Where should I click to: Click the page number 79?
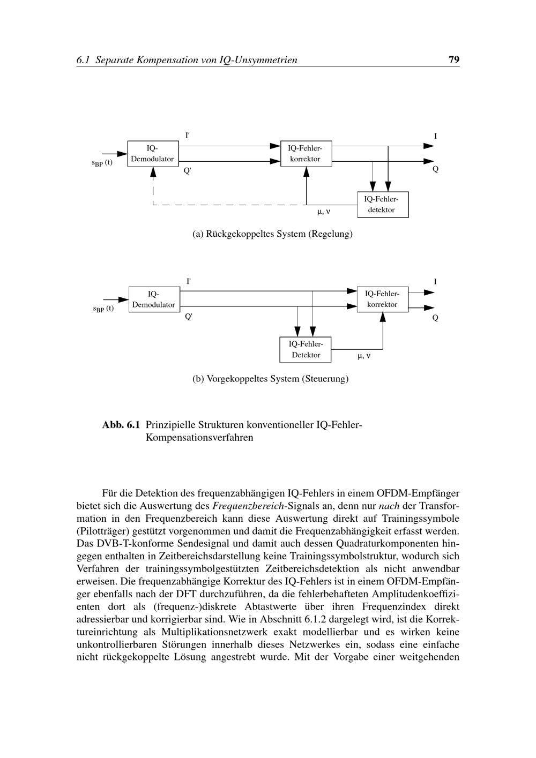(453, 59)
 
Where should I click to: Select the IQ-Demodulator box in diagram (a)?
(153, 154)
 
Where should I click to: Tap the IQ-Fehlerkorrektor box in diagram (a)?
(306, 154)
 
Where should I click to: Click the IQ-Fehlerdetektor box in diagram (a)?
(383, 205)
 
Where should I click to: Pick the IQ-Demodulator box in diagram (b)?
(153, 299)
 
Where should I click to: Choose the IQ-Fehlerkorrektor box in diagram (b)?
(382, 299)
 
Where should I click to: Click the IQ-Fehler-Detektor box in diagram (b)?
(306, 350)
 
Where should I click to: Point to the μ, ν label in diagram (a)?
(323, 212)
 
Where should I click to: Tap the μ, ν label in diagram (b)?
(363, 355)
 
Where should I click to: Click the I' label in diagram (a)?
(187, 136)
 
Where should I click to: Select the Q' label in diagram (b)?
(188, 317)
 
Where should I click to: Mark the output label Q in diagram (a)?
(435, 169)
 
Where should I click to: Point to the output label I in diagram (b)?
(435, 282)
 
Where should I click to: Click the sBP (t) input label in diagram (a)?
(102, 163)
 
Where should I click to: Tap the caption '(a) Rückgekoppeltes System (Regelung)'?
(272, 234)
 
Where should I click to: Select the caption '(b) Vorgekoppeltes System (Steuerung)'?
(270, 379)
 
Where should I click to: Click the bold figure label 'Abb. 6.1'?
(121, 425)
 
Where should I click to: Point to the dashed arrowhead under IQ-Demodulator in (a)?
(153, 172)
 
